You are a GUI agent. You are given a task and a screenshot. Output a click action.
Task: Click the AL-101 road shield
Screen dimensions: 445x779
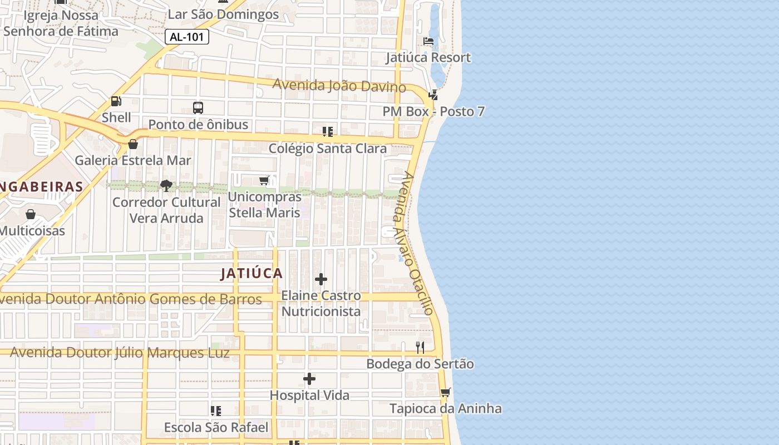pyautogui.click(x=187, y=37)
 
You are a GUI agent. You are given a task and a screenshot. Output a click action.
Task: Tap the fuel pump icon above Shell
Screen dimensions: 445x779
pyautogui.click(x=116, y=101)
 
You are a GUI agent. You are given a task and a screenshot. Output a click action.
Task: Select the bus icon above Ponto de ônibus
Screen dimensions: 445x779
pyautogui.click(x=198, y=108)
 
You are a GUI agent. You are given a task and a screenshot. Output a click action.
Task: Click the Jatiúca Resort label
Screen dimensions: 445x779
pyautogui.click(x=428, y=57)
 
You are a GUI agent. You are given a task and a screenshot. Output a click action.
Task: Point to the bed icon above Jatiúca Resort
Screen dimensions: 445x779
pyautogui.click(x=428, y=41)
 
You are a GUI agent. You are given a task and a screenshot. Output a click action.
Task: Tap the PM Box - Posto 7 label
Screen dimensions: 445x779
pyautogui.click(x=433, y=111)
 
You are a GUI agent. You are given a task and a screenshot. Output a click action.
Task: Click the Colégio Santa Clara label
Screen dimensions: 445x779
pyautogui.click(x=328, y=149)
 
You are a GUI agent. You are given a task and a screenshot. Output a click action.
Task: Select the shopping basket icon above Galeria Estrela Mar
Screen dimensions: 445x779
pyautogui.click(x=133, y=145)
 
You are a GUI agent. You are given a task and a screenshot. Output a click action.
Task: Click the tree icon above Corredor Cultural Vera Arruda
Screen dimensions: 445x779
pyautogui.click(x=166, y=186)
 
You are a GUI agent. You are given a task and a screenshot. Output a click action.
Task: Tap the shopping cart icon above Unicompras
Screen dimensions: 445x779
pyautogui.click(x=264, y=180)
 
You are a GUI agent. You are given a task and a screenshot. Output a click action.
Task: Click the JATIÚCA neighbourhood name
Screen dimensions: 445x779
pyautogui.click(x=252, y=274)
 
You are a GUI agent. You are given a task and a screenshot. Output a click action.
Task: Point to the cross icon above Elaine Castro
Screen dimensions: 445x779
pyautogui.click(x=321, y=279)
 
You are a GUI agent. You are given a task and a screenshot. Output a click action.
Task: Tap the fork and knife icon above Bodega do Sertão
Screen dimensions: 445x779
pyautogui.click(x=420, y=348)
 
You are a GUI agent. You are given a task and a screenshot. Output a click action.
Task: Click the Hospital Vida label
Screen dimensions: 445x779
pyautogui.click(x=309, y=395)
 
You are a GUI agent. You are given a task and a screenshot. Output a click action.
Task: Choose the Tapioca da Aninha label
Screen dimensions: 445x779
pyautogui.click(x=445, y=409)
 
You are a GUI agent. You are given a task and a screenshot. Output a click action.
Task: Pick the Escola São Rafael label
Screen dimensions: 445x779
pyautogui.click(x=216, y=428)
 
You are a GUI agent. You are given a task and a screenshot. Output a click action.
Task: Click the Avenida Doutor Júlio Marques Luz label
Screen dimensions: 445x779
pyautogui.click(x=120, y=353)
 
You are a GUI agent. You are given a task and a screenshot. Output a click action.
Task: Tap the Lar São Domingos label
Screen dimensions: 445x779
pyautogui.click(x=223, y=14)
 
